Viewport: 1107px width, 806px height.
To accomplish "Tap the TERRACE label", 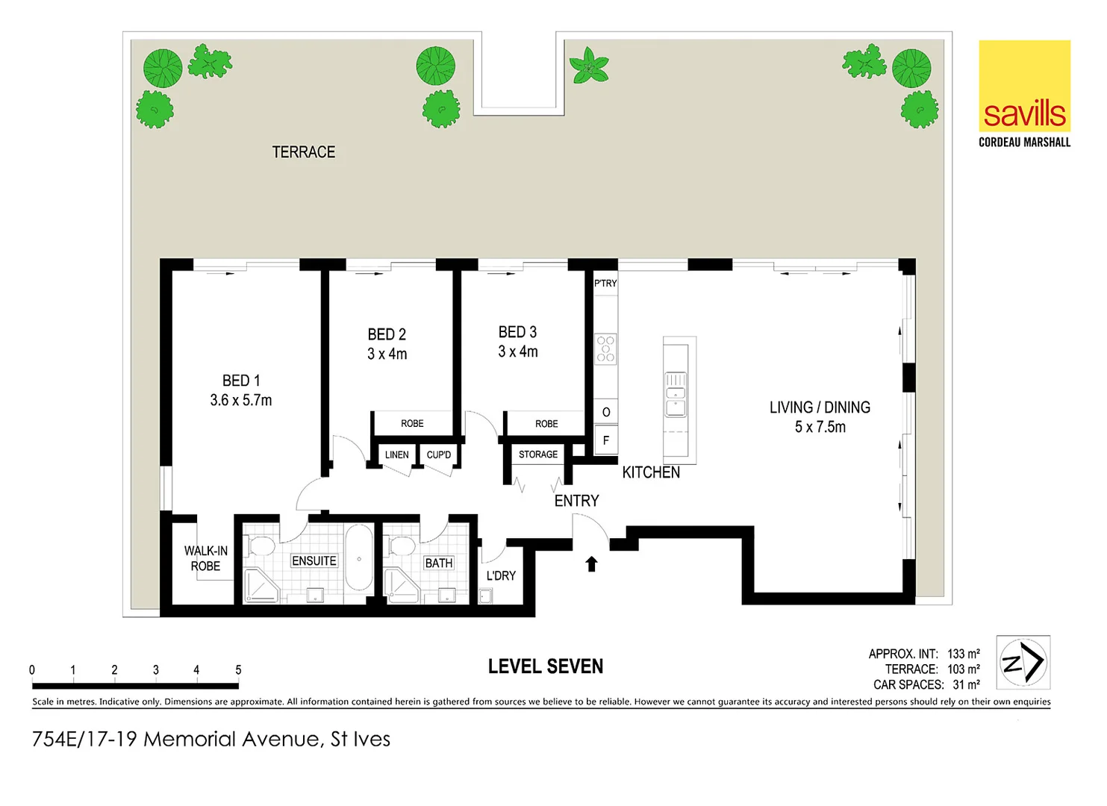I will tap(303, 152).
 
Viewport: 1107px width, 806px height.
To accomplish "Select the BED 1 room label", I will tap(241, 381).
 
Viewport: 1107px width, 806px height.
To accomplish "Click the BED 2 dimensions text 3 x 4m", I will tap(387, 354).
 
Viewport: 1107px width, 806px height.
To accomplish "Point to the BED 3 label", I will tap(517, 332).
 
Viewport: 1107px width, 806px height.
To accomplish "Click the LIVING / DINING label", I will tap(820, 407).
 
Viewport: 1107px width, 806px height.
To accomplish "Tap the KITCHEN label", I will tap(651, 472).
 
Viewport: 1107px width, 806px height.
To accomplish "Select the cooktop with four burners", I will tap(605, 349).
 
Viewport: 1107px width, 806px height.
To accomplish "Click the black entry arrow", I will tap(591, 563).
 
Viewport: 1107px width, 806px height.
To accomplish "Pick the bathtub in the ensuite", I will tap(359, 558).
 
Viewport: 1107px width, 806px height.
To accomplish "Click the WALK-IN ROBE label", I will tap(205, 558).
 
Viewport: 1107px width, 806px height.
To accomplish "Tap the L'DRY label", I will tap(501, 575).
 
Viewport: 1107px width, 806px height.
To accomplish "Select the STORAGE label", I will tap(537, 454).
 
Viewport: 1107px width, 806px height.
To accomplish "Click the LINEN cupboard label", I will tap(396, 454).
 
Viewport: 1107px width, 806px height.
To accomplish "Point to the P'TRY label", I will tap(605, 284).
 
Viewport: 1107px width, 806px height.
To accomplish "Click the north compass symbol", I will tap(1023, 662).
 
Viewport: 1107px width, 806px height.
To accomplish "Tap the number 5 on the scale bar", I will tap(238, 669).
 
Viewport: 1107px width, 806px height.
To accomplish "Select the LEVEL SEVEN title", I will tap(546, 666).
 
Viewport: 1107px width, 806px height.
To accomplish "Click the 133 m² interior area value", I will tap(963, 654).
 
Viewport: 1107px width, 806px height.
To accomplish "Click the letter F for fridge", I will tap(605, 440).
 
